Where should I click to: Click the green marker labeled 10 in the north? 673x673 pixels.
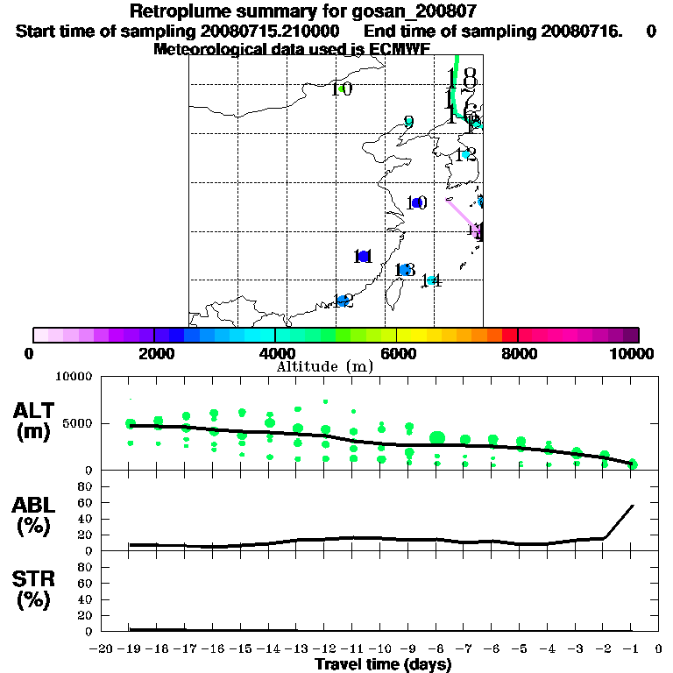click(x=341, y=89)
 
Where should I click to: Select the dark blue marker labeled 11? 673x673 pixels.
click(x=364, y=256)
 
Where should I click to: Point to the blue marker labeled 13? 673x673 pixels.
click(x=402, y=270)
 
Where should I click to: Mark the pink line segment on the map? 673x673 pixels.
click(x=461, y=214)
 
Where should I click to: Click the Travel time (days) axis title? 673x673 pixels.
click(x=383, y=664)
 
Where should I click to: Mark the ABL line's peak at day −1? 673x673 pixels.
click(x=632, y=505)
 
